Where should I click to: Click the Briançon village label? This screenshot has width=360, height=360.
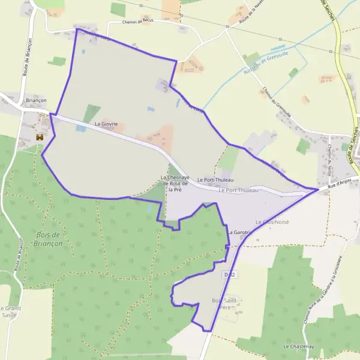37,101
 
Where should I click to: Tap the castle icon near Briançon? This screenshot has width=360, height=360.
40,137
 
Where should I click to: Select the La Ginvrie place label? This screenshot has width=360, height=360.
106,124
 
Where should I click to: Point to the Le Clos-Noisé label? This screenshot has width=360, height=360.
272,222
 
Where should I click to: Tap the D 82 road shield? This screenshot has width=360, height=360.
227,274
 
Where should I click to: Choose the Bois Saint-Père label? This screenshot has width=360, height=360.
226,303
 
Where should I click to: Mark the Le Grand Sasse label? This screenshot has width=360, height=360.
10,311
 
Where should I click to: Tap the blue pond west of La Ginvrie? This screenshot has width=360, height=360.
80,28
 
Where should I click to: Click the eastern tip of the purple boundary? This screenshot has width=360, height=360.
318,190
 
